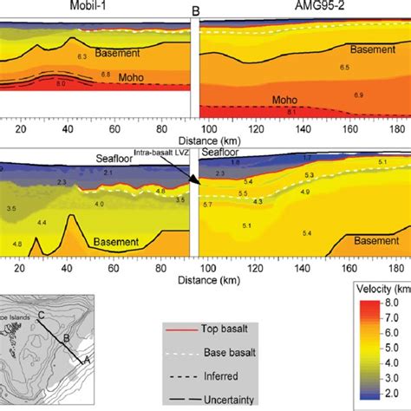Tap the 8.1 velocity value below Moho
tap(292, 112)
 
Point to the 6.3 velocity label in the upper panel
tap(83, 56)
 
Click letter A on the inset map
tap(85, 358)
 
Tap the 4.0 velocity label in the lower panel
tap(100, 204)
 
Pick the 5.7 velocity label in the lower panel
tap(208, 204)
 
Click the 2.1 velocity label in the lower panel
tap(108, 174)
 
